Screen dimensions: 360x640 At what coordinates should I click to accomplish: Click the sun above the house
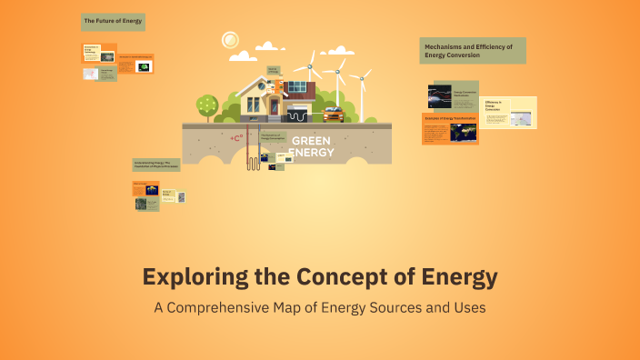tap(229, 39)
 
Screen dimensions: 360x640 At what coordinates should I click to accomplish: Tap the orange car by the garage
tap(333, 114)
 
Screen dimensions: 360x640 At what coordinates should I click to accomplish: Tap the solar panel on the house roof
tap(296, 86)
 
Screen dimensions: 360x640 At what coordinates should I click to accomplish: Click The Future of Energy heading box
tap(114, 20)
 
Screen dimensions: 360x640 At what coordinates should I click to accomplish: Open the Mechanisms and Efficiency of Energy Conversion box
tap(473, 51)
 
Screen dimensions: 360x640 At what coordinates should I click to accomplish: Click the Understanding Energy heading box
tap(156, 165)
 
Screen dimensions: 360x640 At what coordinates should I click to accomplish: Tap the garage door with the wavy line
tap(299, 115)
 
